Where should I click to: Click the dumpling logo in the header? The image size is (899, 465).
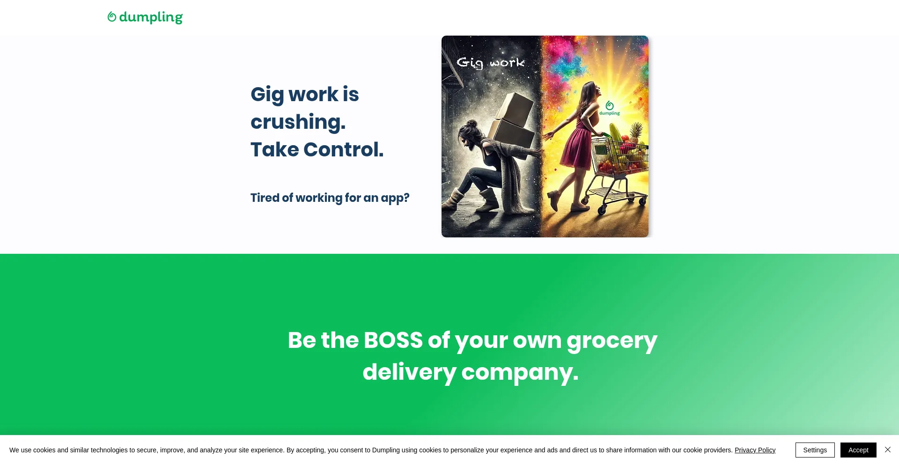(145, 17)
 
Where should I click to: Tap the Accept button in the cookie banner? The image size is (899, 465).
(858, 450)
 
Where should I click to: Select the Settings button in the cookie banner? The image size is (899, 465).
(815, 450)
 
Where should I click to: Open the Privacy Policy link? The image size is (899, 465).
(755, 450)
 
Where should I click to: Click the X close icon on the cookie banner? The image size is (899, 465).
(888, 450)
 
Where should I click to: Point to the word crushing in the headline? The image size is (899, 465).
(298, 123)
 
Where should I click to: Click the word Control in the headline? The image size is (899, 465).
(343, 150)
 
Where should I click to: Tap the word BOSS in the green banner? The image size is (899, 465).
(393, 340)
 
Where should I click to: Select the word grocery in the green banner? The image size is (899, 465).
(612, 342)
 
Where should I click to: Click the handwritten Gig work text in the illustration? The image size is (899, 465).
(490, 63)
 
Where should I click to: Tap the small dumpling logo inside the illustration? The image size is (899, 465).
(610, 108)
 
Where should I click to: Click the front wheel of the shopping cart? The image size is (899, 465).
(602, 210)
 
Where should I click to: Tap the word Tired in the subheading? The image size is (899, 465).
(265, 198)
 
